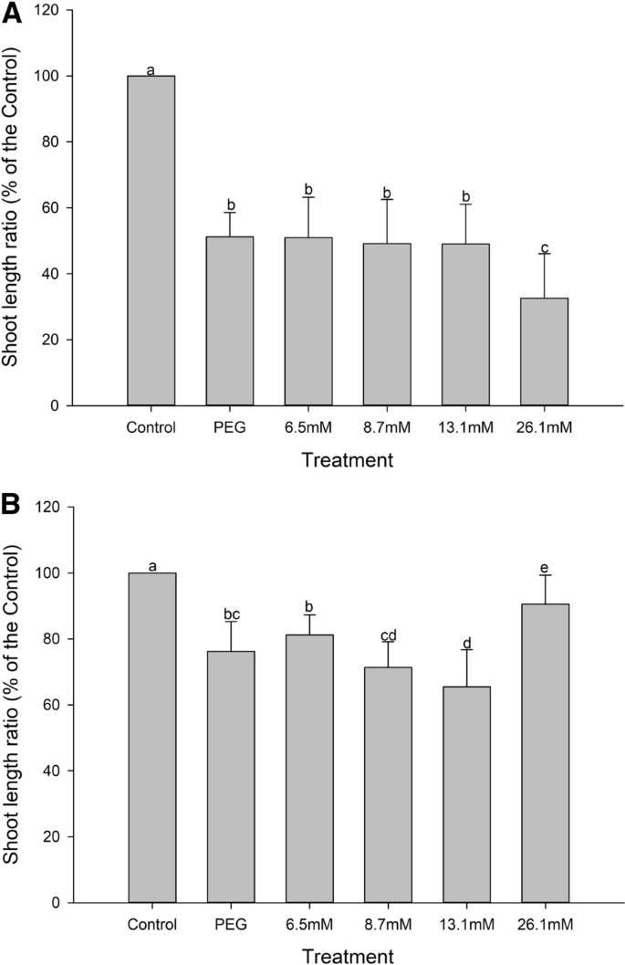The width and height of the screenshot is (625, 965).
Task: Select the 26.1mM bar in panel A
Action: tap(544, 351)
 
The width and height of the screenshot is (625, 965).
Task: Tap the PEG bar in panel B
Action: tap(230, 776)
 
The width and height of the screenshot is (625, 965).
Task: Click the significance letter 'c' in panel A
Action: tap(545, 246)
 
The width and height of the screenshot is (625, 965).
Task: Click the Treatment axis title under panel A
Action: tap(348, 460)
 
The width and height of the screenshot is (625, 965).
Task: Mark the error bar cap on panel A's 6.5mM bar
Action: tap(308, 197)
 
